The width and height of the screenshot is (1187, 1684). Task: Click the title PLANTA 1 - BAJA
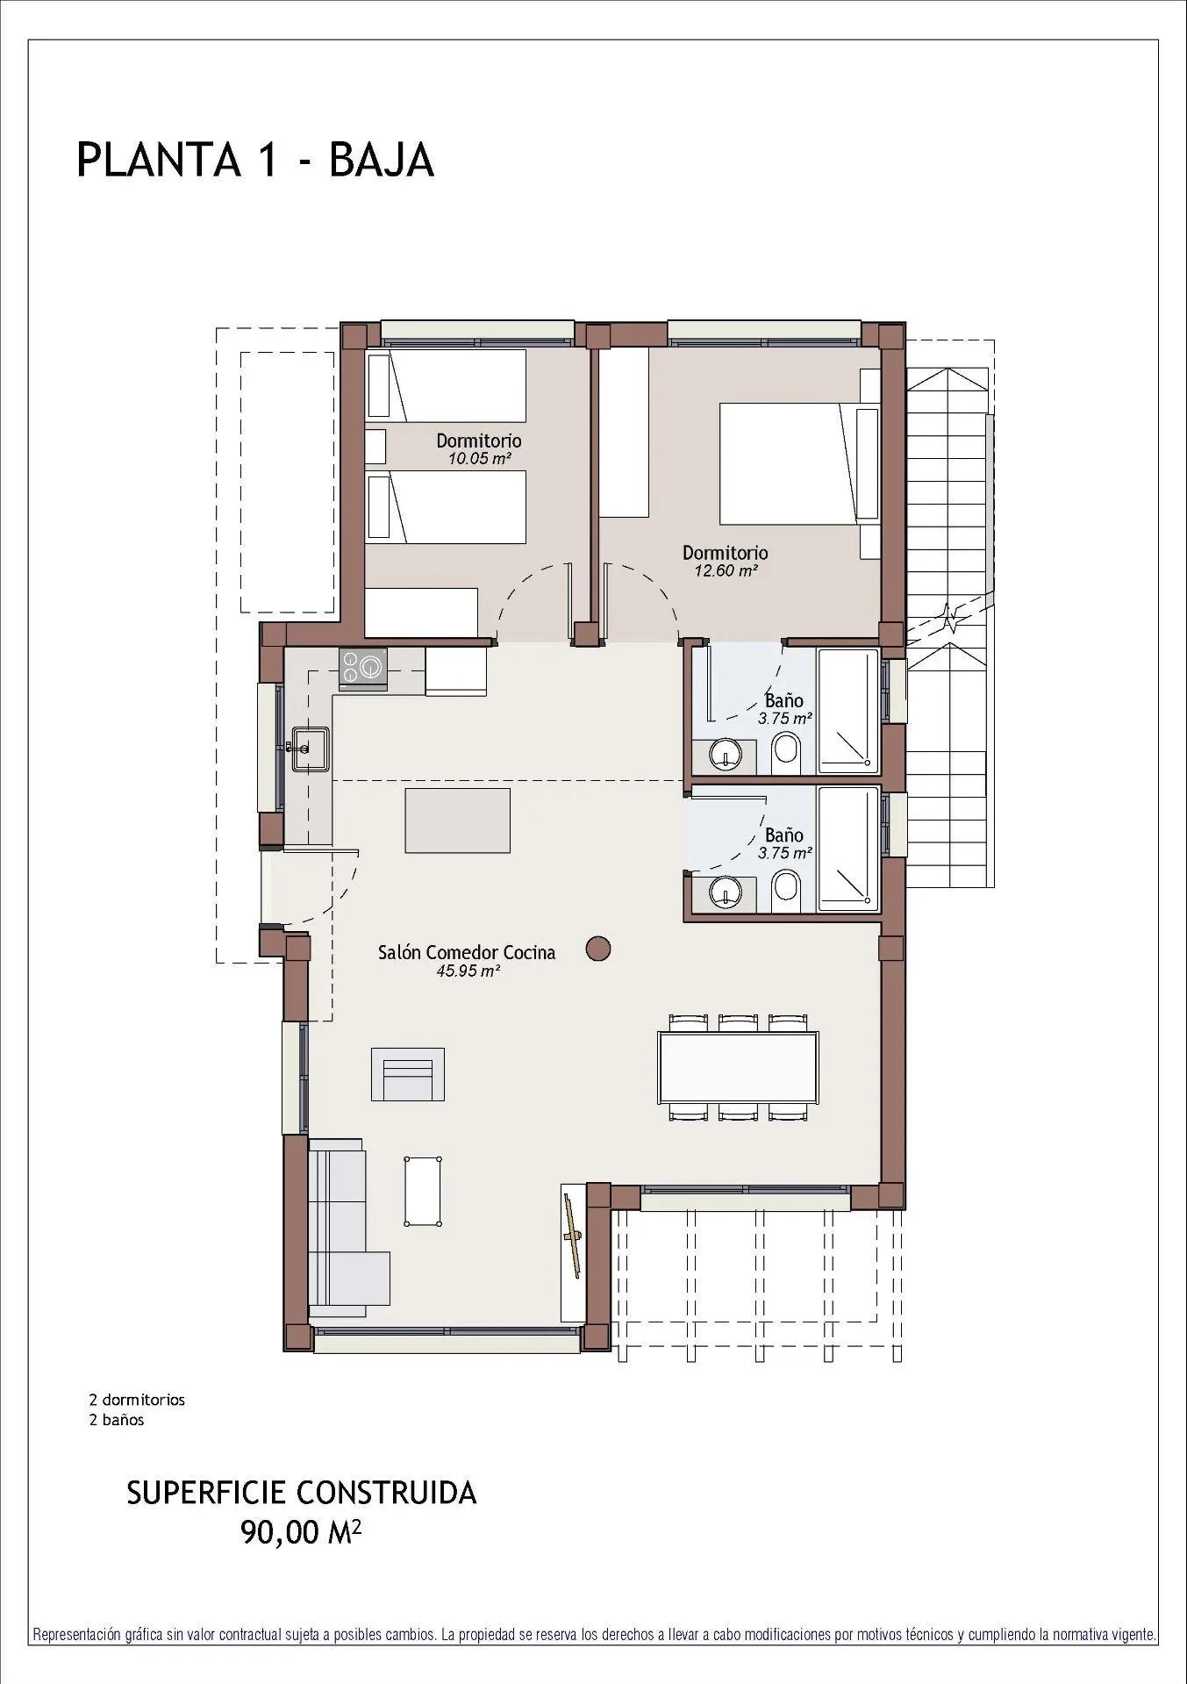255,161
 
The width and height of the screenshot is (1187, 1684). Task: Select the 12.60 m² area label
725,570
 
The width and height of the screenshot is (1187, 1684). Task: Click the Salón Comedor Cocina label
466,952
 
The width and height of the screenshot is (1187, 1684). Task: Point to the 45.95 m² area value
468,971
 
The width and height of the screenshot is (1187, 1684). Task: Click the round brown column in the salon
598,948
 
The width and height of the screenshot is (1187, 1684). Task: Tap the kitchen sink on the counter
310,749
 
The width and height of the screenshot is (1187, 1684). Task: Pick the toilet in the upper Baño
786,754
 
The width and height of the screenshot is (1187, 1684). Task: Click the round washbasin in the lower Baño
726,891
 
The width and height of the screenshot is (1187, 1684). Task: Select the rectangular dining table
738,1067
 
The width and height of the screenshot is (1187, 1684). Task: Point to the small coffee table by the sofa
424,1190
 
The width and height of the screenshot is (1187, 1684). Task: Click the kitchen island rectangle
457,820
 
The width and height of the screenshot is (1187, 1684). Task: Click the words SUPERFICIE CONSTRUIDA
301,1493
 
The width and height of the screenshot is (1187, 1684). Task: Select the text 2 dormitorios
137,1400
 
